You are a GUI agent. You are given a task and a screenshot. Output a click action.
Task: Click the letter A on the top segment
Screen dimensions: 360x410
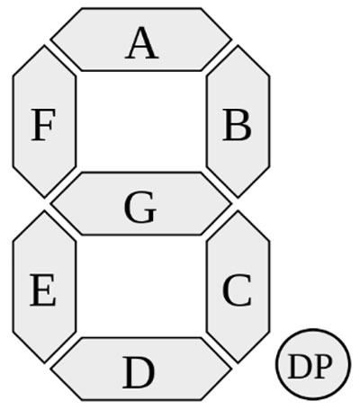pyautogui.click(x=141, y=43)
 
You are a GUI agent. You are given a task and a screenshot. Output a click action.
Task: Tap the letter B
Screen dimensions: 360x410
pyautogui.click(x=237, y=125)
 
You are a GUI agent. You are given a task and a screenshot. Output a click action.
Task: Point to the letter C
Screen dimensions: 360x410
pyautogui.click(x=237, y=290)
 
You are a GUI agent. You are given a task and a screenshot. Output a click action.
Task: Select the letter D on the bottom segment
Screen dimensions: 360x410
pyautogui.click(x=139, y=372)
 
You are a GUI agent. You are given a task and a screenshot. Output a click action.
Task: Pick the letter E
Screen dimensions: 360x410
pyautogui.click(x=43, y=290)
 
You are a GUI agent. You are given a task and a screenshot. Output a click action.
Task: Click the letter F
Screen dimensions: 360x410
pyautogui.click(x=43, y=125)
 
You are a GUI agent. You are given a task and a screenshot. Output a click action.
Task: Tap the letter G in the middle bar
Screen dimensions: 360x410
pyautogui.click(x=140, y=208)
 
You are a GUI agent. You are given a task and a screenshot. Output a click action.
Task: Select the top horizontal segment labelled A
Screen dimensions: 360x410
pyautogui.click(x=141, y=40)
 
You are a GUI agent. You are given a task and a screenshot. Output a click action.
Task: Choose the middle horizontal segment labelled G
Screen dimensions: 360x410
pyautogui.click(x=141, y=204)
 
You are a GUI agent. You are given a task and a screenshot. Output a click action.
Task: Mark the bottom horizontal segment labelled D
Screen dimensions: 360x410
pyautogui.click(x=141, y=369)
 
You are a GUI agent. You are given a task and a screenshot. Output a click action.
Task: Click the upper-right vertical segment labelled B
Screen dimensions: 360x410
pyautogui.click(x=238, y=121)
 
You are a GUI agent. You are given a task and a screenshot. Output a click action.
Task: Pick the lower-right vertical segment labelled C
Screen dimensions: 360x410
pyautogui.click(x=238, y=287)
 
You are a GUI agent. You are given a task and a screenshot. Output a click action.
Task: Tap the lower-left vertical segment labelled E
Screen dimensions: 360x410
pyautogui.click(x=44, y=287)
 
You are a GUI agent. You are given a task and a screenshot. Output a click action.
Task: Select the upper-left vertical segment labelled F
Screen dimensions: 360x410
pyautogui.click(x=44, y=121)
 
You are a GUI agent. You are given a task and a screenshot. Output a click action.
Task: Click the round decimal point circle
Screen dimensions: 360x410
pyautogui.click(x=313, y=364)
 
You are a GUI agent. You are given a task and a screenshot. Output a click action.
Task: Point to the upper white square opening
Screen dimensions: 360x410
pyautogui.click(x=141, y=121)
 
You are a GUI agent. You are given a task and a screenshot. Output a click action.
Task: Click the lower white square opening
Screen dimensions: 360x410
pyautogui.click(x=141, y=286)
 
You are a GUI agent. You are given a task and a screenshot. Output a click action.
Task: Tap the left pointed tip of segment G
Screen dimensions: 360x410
pyautogui.click(x=50, y=204)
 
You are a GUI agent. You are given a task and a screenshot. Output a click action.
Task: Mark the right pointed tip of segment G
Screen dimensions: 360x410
pyautogui.click(x=232, y=204)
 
